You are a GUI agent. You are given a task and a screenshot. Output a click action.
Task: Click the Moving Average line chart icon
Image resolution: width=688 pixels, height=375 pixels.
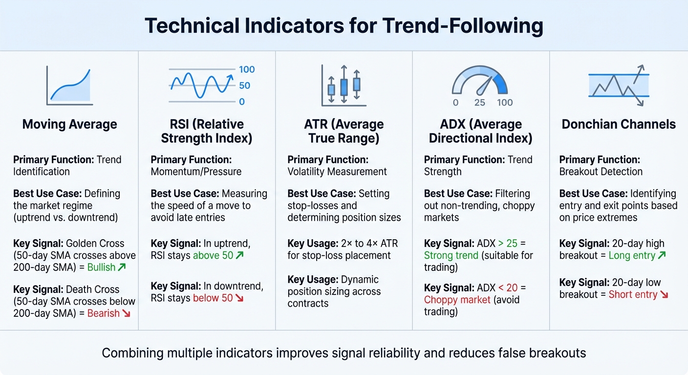pyautogui.click(x=69, y=86)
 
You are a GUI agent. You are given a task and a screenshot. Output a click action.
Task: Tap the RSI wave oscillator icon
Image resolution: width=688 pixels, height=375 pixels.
pyautogui.click(x=200, y=86)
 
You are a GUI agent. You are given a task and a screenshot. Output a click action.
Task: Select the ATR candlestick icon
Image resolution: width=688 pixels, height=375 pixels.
pyautogui.click(x=344, y=85)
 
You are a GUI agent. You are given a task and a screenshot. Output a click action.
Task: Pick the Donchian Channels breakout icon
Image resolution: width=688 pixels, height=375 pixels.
pyautogui.click(x=619, y=85)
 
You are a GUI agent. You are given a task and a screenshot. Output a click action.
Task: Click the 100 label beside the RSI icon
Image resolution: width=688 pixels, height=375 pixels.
pyautogui.click(x=247, y=70)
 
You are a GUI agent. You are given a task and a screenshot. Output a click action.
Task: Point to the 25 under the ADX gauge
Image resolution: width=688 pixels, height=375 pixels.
pyautogui.click(x=480, y=103)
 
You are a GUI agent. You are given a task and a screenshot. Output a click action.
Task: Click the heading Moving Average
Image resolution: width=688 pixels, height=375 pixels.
pyautogui.click(x=69, y=125)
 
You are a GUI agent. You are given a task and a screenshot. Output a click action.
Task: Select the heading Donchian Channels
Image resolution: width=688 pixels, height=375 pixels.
pyautogui.click(x=619, y=125)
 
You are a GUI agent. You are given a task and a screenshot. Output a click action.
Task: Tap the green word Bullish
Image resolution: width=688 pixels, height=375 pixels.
pyautogui.click(x=101, y=267)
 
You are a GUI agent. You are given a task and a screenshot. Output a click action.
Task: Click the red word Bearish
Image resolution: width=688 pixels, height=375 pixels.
pyautogui.click(x=103, y=313)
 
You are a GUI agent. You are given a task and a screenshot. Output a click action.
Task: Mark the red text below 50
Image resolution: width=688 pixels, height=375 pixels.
pyautogui.click(x=213, y=298)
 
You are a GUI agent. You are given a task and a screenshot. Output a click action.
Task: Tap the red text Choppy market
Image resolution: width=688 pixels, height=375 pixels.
pyautogui.click(x=457, y=300)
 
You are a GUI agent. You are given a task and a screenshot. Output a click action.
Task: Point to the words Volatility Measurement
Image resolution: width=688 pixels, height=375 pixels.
pyautogui.click(x=337, y=172)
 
